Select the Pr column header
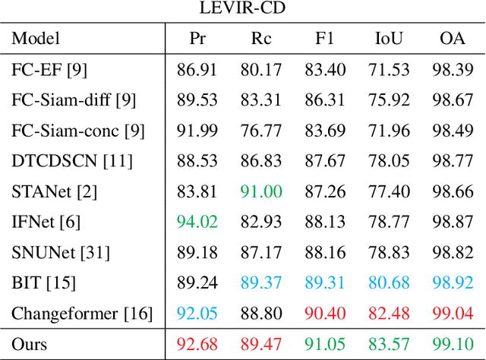click(197, 39)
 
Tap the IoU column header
click(390, 39)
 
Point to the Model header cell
click(36, 39)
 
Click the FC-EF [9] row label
click(49, 70)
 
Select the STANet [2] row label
click(55, 191)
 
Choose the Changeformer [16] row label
click(82, 313)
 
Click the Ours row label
click(29, 344)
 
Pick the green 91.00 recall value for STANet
click(261, 191)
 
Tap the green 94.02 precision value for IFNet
click(197, 222)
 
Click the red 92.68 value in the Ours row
click(197, 344)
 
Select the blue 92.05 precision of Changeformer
click(197, 313)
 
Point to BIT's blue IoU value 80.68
click(390, 283)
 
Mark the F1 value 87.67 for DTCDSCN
click(325, 161)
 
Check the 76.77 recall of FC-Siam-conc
click(261, 131)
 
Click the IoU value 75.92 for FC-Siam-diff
click(390, 100)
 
